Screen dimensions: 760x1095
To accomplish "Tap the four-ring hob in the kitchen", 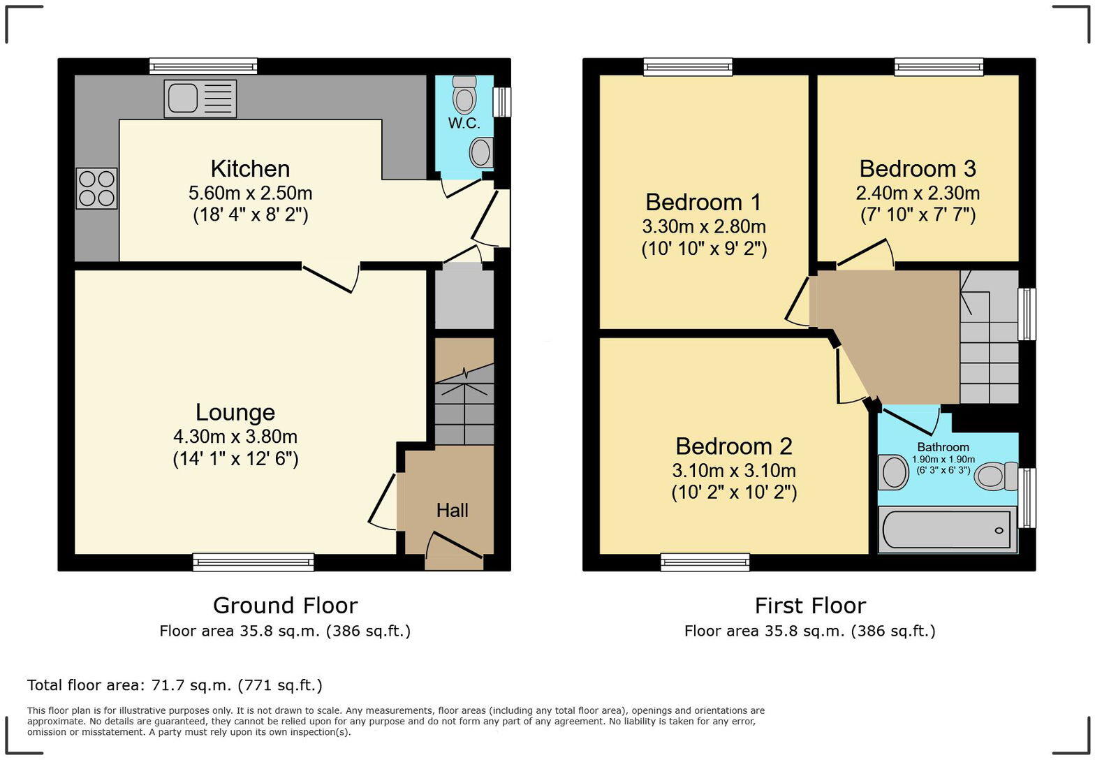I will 96,189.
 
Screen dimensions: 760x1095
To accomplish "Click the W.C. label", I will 464,124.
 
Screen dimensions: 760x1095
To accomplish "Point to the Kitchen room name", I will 250,169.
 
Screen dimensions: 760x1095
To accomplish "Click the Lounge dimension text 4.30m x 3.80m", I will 235,437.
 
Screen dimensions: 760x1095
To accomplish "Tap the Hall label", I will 452,511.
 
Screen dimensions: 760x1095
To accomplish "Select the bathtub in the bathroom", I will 947,530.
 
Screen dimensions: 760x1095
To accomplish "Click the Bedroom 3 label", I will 917,169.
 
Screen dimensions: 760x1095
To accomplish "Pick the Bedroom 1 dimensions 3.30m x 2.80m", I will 704,226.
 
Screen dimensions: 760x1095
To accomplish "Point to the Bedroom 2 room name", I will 734,446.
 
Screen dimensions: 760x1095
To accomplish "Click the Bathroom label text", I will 943,447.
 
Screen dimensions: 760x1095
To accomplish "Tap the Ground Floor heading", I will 285,605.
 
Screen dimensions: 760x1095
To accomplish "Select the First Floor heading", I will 810,605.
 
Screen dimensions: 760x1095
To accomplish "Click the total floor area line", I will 175,685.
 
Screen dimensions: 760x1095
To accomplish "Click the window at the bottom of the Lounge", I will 253,562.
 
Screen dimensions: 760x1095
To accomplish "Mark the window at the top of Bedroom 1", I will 688,67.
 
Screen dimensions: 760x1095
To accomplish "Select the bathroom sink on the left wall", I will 893,472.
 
